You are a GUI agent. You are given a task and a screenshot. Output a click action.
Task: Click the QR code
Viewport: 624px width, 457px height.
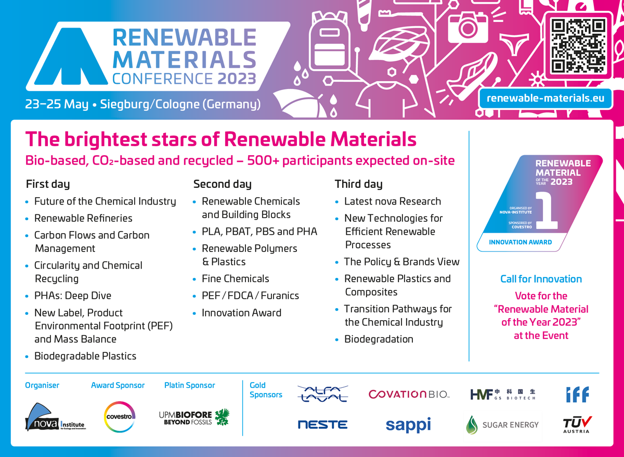point(579,46)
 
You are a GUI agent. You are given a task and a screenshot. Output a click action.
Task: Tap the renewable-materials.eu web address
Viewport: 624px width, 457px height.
point(545,98)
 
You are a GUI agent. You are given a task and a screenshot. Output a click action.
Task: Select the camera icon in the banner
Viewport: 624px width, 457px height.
point(467,26)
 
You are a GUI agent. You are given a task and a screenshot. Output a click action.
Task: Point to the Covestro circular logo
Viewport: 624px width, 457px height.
point(120,416)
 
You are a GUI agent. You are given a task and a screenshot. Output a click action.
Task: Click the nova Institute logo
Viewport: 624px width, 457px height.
point(55,417)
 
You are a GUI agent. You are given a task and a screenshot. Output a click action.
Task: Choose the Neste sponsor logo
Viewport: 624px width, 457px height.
point(322,425)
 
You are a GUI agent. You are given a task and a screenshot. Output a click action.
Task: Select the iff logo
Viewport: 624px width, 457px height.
point(578,394)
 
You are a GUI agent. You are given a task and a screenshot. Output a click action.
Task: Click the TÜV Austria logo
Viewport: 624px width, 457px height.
point(577,424)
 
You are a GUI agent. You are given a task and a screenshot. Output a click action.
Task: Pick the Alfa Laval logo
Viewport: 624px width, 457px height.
point(322,393)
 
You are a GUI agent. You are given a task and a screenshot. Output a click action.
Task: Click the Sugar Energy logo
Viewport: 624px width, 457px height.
point(502,425)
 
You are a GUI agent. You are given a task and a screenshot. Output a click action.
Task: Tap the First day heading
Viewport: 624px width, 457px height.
point(48,184)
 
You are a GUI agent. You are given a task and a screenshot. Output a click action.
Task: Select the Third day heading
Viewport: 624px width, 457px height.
point(358,184)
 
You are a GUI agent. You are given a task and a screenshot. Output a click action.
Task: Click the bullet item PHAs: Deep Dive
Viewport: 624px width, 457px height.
point(73,296)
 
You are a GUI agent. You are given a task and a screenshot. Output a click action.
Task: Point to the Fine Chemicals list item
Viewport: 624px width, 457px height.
point(236,278)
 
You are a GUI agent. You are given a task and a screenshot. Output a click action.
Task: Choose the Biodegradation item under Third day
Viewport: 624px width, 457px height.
point(379,339)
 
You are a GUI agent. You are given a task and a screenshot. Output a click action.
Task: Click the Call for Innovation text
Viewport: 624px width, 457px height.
point(541,279)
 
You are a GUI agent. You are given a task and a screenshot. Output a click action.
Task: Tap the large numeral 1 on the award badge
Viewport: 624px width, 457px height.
point(547,210)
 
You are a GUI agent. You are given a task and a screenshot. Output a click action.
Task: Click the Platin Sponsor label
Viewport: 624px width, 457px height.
point(189,385)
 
